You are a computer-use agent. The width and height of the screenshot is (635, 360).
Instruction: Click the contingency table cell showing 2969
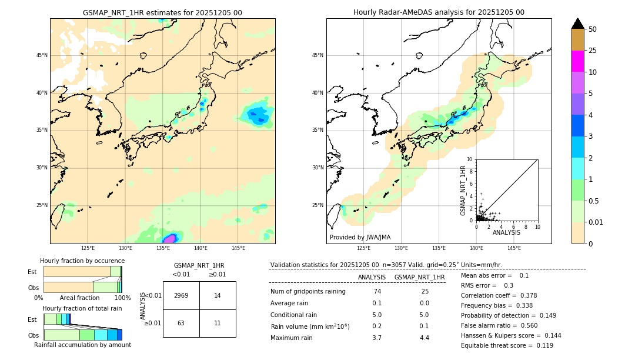pyautogui.click(x=181, y=295)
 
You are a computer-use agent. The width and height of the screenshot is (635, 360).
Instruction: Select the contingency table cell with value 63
pyautogui.click(x=181, y=323)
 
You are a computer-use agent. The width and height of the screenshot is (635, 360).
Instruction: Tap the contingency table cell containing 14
pyautogui.click(x=218, y=295)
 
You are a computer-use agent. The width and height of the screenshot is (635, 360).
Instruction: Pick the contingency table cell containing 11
pyautogui.click(x=218, y=323)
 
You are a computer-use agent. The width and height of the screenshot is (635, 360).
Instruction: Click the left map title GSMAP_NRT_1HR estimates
pyautogui.click(x=162, y=12)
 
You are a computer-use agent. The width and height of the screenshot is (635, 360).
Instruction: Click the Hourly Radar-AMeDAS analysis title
pyautogui.click(x=439, y=12)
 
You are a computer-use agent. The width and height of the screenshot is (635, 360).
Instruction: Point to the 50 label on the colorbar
pyautogui.click(x=593, y=29)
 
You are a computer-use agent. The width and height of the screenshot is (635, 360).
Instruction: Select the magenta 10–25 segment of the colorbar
pyautogui.click(x=577, y=61)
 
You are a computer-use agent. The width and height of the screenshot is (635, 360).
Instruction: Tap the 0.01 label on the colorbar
pyautogui.click(x=596, y=222)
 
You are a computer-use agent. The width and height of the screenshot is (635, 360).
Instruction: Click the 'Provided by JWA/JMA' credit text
pyautogui.click(x=360, y=238)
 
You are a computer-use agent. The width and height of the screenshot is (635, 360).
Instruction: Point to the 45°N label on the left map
pyautogui.click(x=42, y=55)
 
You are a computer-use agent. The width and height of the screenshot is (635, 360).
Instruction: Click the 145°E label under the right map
pyautogui.click(x=514, y=248)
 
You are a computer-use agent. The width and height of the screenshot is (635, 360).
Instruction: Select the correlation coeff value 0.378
pyautogui.click(x=526, y=295)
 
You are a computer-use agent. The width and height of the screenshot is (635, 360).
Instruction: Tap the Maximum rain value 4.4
pyautogui.click(x=425, y=338)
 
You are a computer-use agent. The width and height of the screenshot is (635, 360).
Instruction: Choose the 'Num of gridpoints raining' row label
pyautogui.click(x=308, y=292)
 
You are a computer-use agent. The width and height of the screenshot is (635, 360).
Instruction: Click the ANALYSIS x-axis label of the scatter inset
pyautogui.click(x=506, y=232)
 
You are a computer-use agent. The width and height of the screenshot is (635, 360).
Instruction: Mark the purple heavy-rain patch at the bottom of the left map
pyautogui.click(x=170, y=238)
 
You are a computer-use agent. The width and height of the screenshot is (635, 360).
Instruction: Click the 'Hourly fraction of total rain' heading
pyautogui.click(x=82, y=308)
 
